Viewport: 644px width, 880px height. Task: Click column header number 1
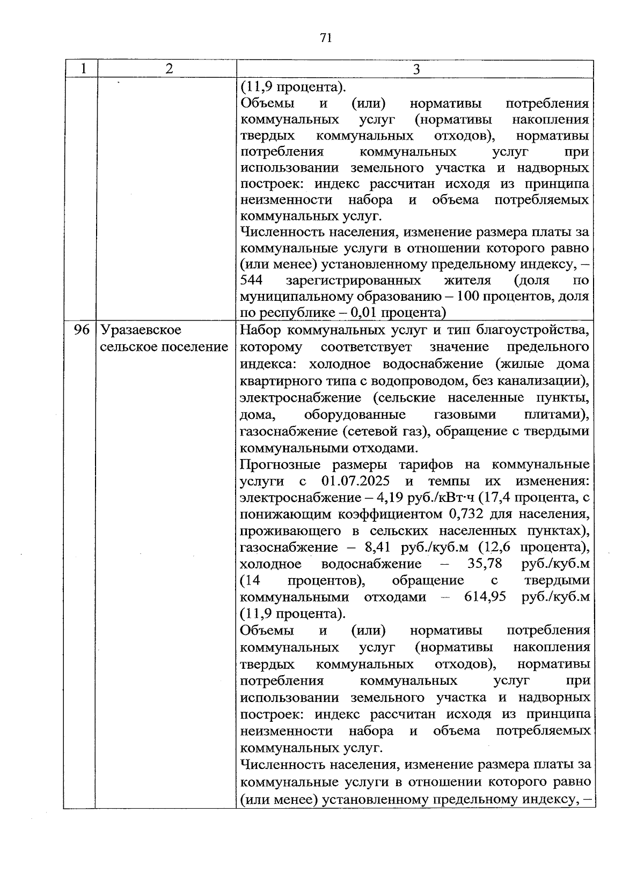[83, 69]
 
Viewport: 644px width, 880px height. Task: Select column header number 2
[169, 69]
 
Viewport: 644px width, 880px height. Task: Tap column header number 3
[416, 69]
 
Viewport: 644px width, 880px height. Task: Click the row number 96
[82, 330]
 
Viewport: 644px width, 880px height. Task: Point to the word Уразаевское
[141, 330]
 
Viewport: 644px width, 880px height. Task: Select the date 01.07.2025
[356, 480]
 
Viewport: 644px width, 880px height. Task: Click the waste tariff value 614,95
[485, 597]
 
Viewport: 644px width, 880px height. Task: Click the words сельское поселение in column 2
[164, 347]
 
